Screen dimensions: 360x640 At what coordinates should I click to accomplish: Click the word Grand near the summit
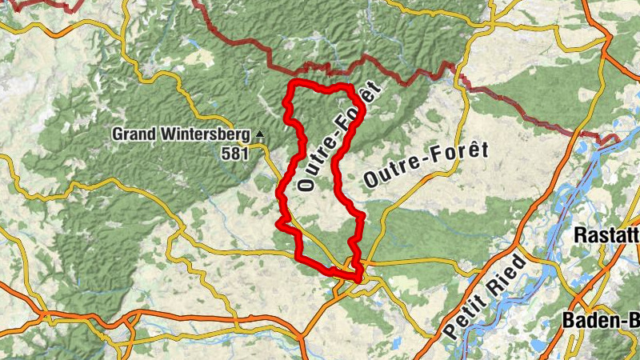[x=133, y=134]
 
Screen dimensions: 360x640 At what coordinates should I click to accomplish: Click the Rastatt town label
[x=606, y=235]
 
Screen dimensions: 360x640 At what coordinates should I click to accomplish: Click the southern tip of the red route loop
[x=356, y=278]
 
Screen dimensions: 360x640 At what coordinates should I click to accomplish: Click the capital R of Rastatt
[x=582, y=235]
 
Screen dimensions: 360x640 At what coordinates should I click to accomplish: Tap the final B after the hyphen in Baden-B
[x=632, y=320]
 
